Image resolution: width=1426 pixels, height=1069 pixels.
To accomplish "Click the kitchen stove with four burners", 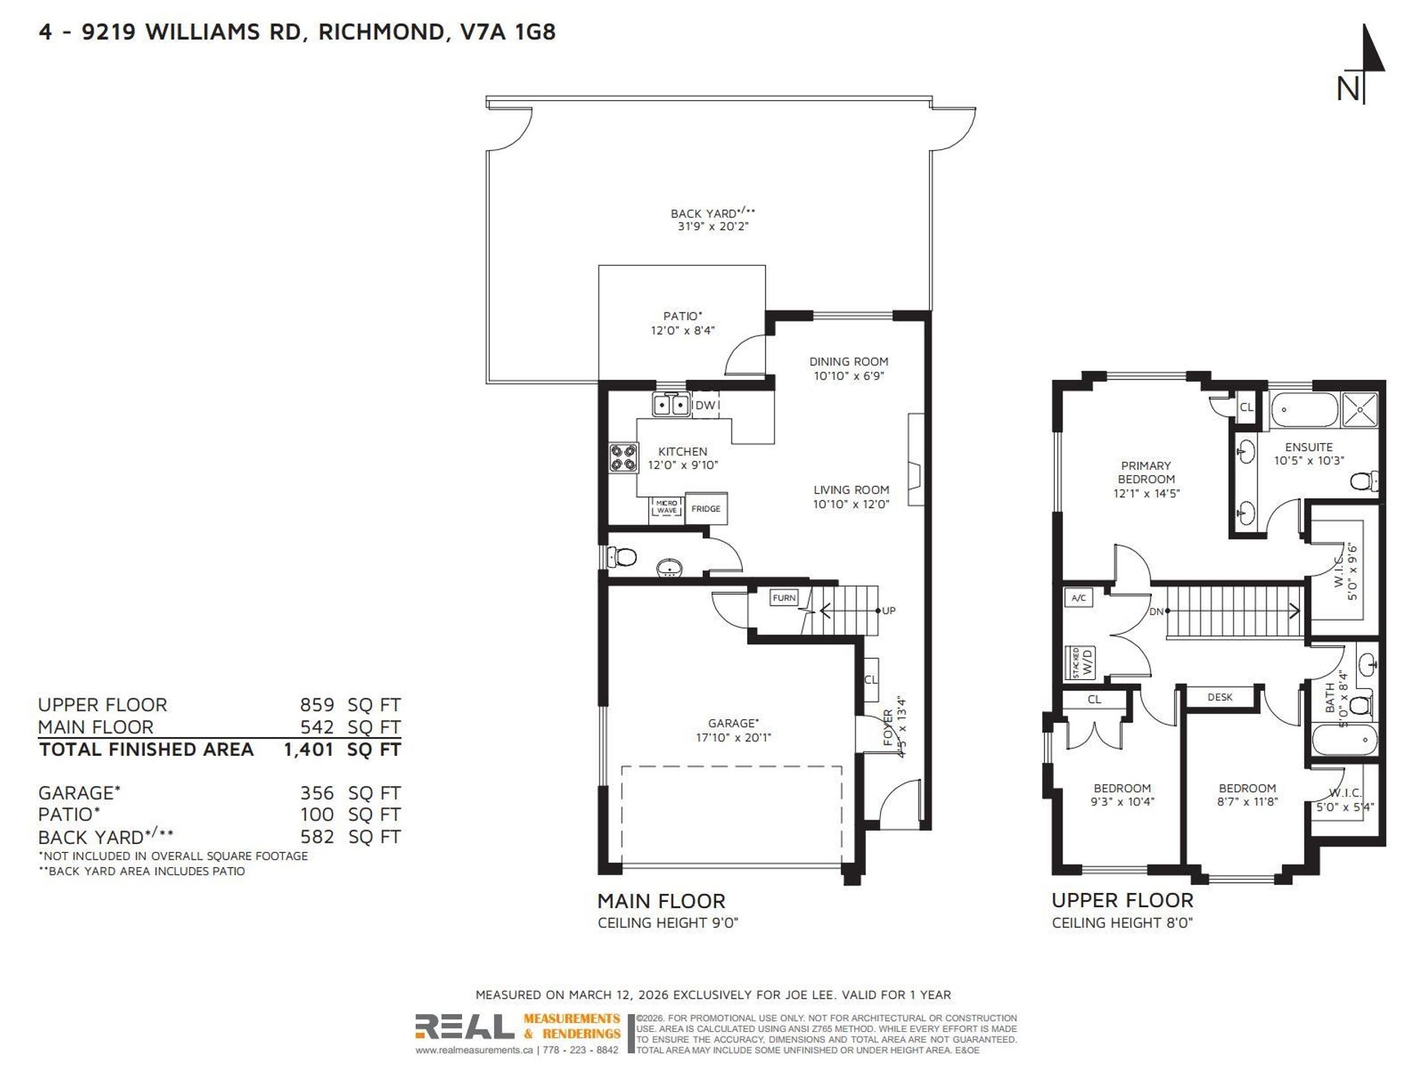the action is click(x=624, y=457).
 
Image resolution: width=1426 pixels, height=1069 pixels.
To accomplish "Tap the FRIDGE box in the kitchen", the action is click(x=706, y=509).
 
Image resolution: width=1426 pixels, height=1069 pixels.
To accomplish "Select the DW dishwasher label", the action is click(x=705, y=405).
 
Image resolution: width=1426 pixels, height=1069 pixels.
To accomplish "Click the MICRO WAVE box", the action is click(x=667, y=507).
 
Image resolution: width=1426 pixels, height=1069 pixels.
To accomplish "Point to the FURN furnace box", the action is click(x=784, y=598).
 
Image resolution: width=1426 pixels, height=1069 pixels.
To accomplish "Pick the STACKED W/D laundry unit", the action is click(x=1081, y=662).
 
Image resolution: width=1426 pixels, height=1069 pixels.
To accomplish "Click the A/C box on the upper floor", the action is click(x=1078, y=598).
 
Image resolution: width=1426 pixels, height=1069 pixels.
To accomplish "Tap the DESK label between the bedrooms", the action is click(x=1220, y=697).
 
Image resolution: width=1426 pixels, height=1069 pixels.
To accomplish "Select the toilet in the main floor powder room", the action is click(x=622, y=556).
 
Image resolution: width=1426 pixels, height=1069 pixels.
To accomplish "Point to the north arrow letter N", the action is click(x=1348, y=89).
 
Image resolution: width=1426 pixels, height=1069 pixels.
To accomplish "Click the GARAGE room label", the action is click(x=733, y=723).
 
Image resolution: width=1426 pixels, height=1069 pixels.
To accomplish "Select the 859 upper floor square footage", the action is click(x=317, y=705).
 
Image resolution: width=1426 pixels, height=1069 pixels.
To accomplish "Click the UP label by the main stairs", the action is click(x=889, y=611).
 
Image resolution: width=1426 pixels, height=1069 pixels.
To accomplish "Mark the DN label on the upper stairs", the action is click(x=1156, y=612).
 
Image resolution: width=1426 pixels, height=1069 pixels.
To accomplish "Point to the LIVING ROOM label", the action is click(x=851, y=490).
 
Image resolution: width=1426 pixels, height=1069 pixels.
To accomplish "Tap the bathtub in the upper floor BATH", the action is click(x=1344, y=740).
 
